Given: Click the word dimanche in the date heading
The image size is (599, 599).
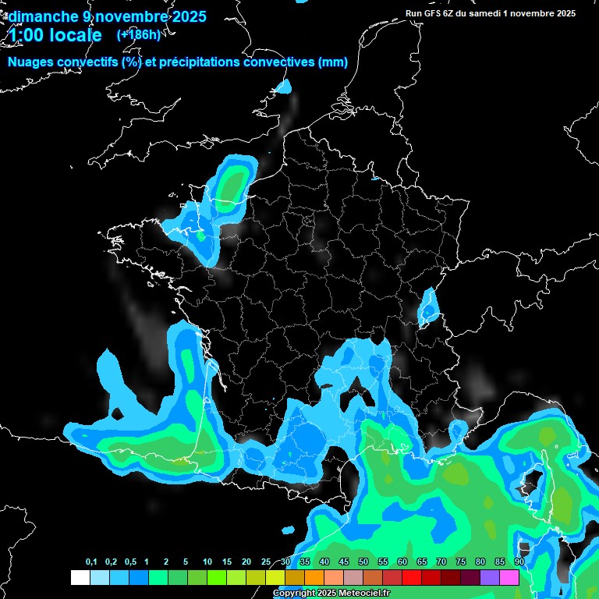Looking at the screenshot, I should [42, 16].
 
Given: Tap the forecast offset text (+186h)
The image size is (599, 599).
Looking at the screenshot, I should [138, 35].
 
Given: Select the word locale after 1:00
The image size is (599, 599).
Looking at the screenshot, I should [76, 35].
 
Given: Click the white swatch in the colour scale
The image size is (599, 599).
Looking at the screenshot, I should [80, 578].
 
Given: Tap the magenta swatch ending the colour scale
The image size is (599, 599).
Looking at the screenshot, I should [509, 578].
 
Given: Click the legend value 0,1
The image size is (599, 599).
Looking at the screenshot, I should [91, 562].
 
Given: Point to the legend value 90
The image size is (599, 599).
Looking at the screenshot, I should [519, 562].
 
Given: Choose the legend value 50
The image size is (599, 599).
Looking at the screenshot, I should [363, 562].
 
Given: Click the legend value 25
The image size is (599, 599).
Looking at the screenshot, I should [266, 562].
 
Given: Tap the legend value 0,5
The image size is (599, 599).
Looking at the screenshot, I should [129, 562].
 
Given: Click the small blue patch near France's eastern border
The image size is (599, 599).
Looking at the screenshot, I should [427, 307].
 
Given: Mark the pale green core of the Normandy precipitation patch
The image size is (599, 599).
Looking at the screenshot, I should [231, 185].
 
